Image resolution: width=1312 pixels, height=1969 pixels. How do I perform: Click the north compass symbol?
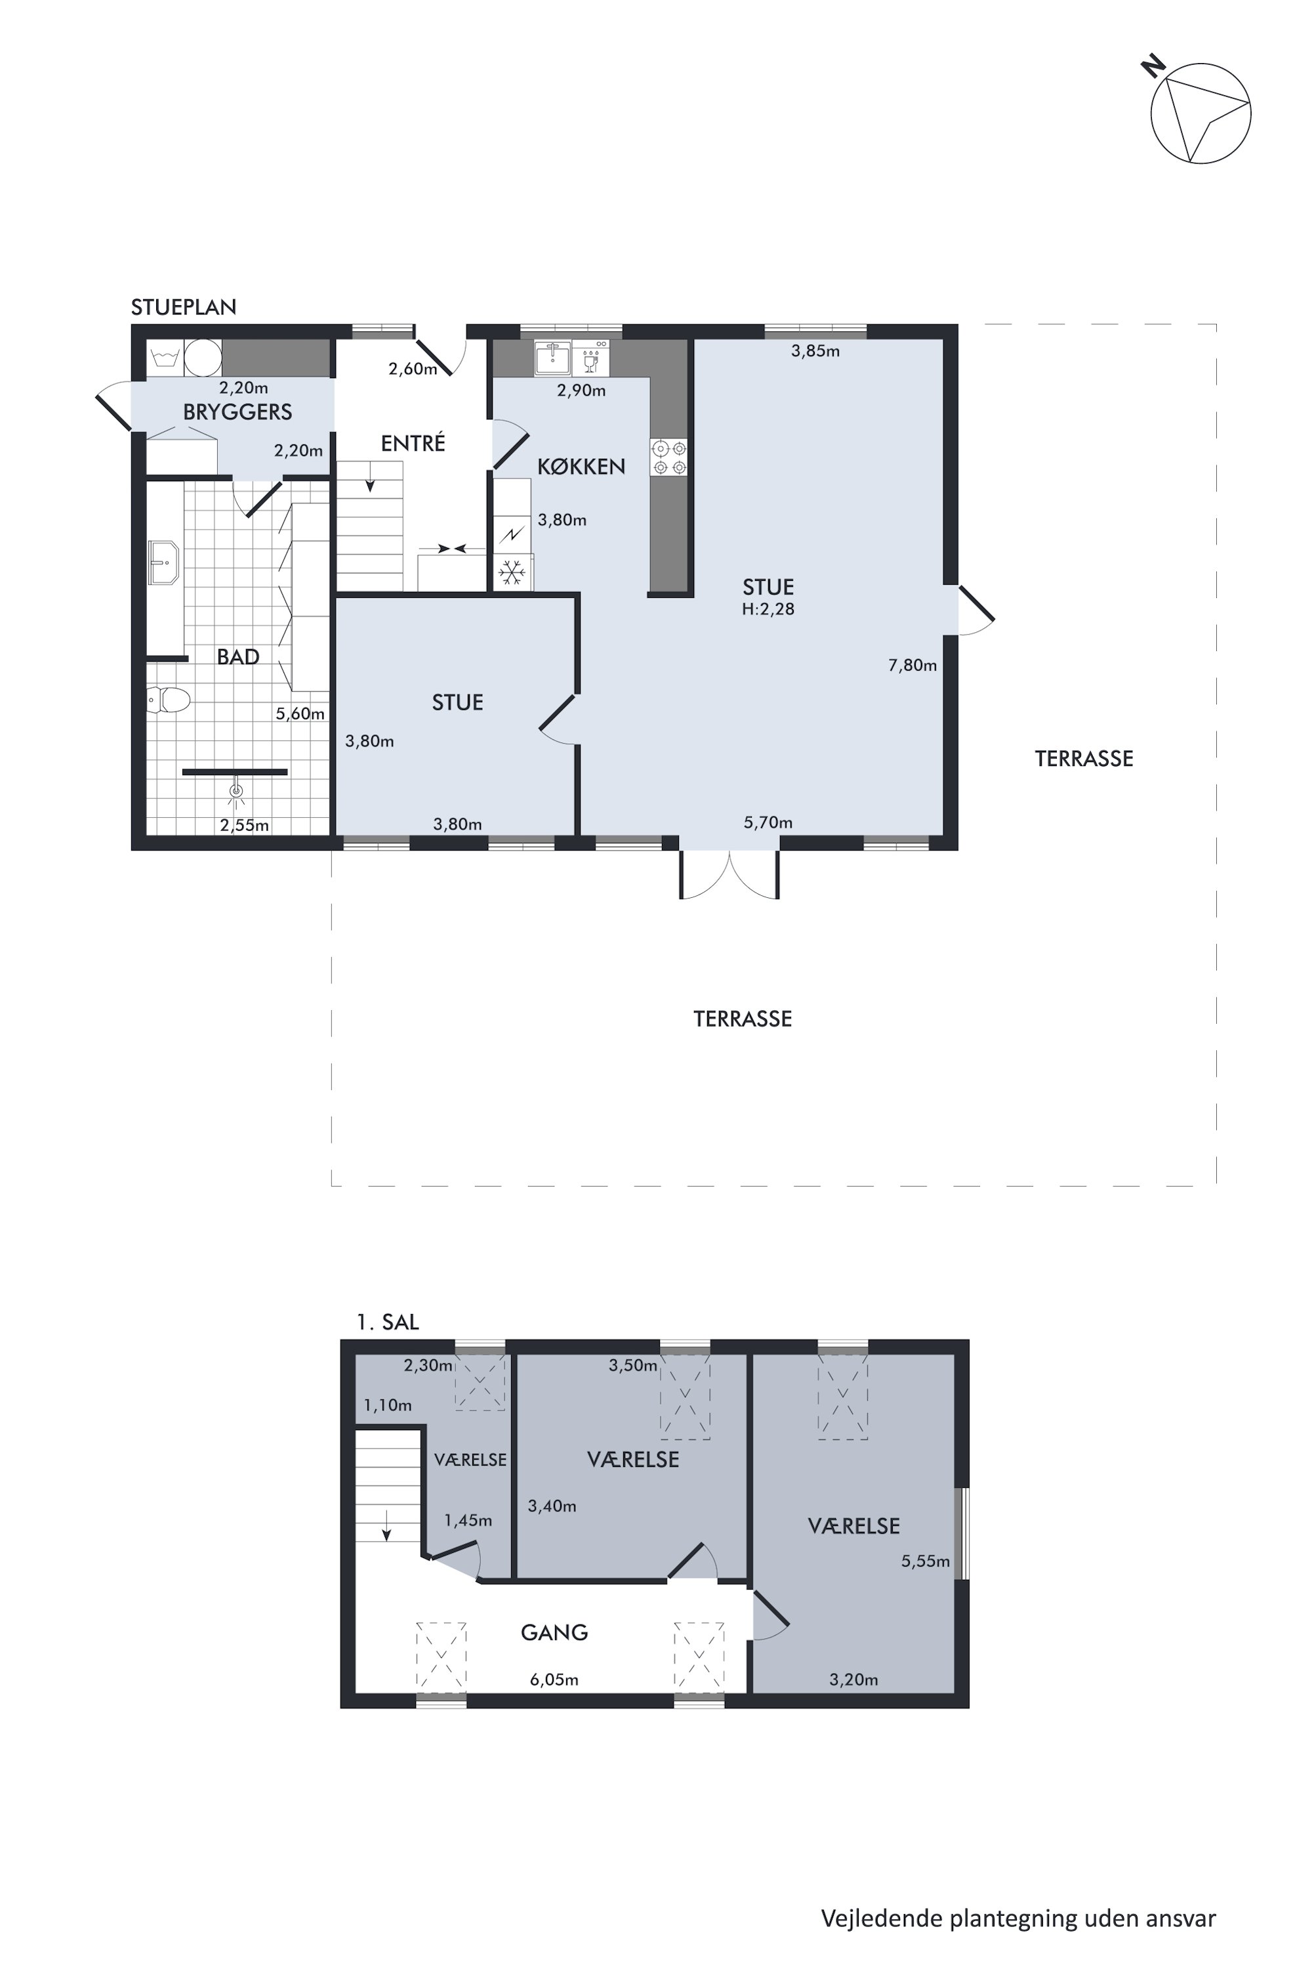pos(1200,112)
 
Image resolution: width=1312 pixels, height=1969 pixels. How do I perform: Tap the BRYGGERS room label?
pos(237,412)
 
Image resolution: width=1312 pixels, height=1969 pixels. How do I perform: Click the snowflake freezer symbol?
pos(512,572)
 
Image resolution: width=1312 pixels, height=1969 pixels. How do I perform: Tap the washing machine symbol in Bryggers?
pos(165,358)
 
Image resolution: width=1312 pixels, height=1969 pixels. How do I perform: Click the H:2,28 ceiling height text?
pos(768,610)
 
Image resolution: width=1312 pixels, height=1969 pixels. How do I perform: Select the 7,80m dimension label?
pos(912,666)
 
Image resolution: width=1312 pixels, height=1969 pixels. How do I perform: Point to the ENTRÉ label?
pos(413,444)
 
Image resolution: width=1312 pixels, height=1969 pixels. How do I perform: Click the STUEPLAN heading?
pos(183,307)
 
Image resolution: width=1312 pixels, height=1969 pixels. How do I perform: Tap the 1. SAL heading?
pos(388,1322)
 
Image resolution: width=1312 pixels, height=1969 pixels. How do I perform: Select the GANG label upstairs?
pos(554,1632)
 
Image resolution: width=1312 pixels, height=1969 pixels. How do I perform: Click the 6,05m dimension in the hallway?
pos(554,1680)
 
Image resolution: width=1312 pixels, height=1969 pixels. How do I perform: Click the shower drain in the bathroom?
pos(237,790)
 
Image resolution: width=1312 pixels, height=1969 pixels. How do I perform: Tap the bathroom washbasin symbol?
pos(163,562)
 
